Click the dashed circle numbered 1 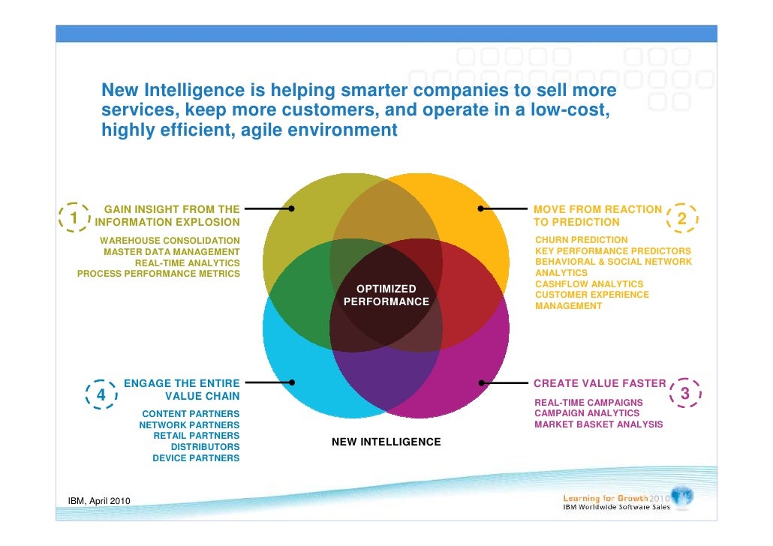75,217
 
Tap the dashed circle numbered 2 681,217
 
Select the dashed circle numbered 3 684,394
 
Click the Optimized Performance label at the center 386,295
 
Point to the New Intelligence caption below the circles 386,442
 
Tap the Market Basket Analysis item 598,424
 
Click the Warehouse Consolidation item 170,240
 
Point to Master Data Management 171,251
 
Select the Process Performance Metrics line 158,273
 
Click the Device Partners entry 196,457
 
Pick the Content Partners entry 191,413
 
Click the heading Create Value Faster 599,383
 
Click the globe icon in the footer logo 682,496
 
